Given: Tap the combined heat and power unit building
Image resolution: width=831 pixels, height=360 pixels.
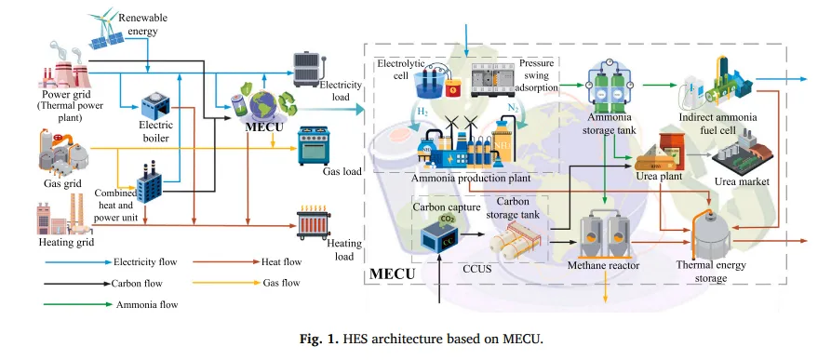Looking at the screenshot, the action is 150,183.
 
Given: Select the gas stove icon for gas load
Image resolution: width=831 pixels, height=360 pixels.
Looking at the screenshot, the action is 314,146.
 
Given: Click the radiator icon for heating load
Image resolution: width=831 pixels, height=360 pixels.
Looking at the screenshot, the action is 314,223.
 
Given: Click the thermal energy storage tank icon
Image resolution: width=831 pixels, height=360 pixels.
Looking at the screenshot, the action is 711,233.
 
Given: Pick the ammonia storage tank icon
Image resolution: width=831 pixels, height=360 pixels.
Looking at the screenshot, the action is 608,84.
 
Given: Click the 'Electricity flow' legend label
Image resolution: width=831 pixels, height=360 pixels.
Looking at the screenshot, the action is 145,261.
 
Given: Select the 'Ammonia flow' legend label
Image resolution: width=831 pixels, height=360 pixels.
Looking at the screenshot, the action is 147,304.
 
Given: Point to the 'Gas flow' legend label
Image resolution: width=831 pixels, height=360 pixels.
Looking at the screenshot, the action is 281,283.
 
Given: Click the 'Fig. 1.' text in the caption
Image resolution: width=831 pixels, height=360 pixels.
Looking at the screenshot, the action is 318,339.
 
